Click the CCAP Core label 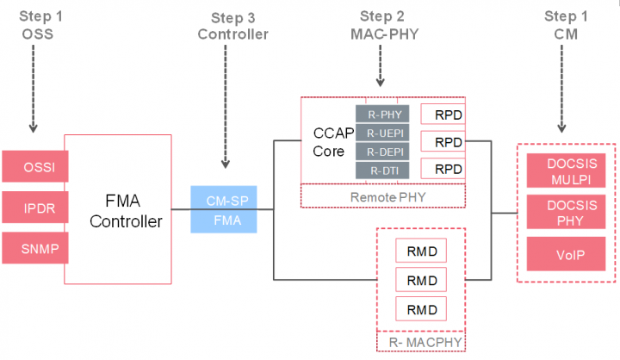point(331,143)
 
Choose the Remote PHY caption point(382,197)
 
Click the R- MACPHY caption point(420,344)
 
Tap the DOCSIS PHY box point(565,213)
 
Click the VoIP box point(565,255)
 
